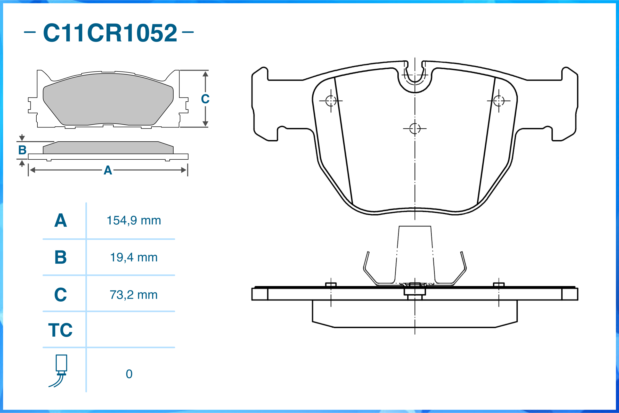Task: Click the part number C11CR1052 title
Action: tap(110, 33)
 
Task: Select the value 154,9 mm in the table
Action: tap(134, 221)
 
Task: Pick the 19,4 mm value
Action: tap(134, 257)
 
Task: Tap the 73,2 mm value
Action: tap(134, 295)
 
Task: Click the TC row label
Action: tap(60, 330)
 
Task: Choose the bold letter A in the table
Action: tap(61, 221)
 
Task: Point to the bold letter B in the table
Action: tap(61, 257)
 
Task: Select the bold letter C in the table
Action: tap(61, 295)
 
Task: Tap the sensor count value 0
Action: tap(129, 374)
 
